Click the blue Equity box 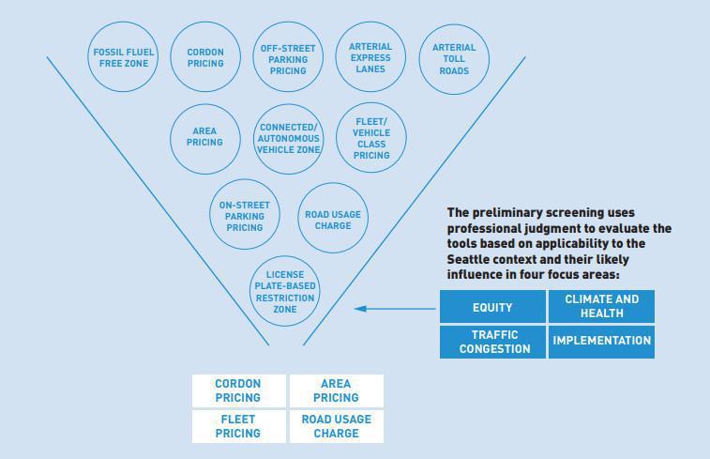click(492, 307)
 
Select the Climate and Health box click(601, 307)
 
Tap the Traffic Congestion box click(492, 342)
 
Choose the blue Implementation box click(601, 342)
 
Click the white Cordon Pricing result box click(239, 390)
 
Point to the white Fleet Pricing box click(239, 427)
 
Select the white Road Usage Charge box click(337, 427)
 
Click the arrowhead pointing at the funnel click(360, 309)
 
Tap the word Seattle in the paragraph click(468, 259)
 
